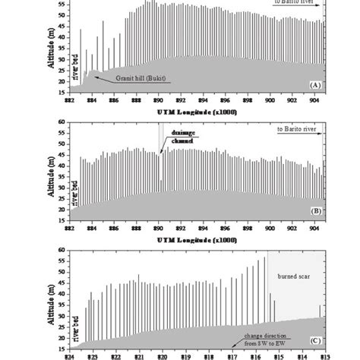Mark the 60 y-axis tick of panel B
click(60, 122)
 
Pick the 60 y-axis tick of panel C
click(60, 249)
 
